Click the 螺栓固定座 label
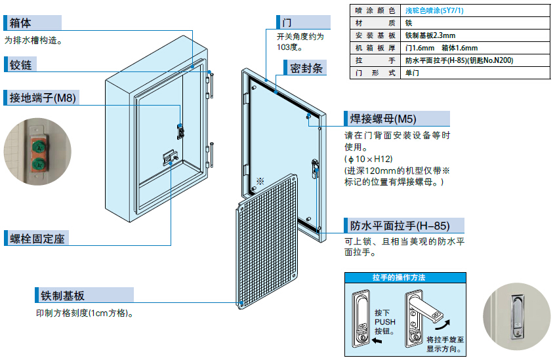click(x=38, y=239)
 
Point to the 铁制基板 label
click(x=62, y=295)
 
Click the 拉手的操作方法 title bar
click(x=398, y=277)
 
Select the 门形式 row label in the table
click(x=375, y=73)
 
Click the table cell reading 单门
click(x=413, y=73)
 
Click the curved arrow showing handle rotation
click(x=444, y=325)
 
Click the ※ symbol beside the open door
click(x=260, y=179)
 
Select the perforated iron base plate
click(x=266, y=242)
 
